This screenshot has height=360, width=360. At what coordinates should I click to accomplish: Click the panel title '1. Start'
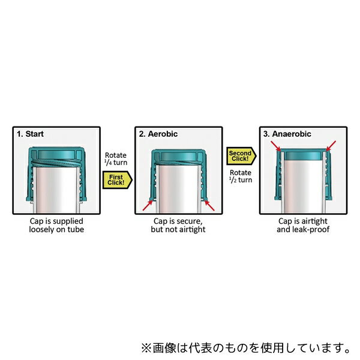30,134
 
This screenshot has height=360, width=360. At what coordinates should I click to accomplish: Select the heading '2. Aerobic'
158,134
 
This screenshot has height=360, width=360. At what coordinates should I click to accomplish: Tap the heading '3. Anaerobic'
287,134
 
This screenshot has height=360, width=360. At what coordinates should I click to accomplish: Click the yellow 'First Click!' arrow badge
117,180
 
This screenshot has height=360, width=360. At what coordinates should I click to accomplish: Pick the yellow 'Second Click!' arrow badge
241,156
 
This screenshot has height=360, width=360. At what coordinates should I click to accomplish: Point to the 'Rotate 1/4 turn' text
116,159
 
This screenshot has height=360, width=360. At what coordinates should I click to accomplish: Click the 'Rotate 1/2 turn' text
241,176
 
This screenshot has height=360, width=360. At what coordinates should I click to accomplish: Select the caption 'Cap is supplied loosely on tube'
56,225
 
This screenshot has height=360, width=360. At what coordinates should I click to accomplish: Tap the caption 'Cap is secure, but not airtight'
178,225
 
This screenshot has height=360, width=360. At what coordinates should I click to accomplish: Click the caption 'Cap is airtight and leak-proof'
303,225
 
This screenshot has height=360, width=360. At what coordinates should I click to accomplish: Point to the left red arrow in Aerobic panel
148,205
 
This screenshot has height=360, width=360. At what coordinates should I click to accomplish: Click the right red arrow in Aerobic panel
209,205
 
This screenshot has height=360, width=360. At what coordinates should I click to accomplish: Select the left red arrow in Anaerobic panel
276,146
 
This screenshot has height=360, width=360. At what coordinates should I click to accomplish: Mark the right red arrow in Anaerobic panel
331,146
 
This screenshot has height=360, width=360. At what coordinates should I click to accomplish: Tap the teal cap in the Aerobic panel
178,175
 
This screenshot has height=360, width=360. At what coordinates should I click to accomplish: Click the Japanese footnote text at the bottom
245,348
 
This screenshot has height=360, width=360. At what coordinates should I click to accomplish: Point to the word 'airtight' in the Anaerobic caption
314,221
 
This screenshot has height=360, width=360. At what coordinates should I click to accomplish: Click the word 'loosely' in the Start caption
42,229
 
